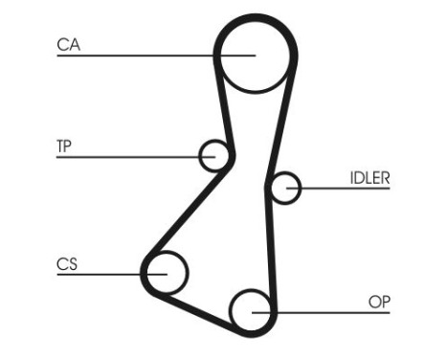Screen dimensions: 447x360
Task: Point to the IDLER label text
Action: click(369, 177)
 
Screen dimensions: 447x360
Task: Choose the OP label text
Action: click(380, 302)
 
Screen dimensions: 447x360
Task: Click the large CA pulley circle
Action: click(252, 55)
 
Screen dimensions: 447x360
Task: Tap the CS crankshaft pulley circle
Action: click(166, 272)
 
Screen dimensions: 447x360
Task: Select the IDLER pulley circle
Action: click(284, 188)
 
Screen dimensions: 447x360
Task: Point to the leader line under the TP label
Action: click(124, 155)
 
